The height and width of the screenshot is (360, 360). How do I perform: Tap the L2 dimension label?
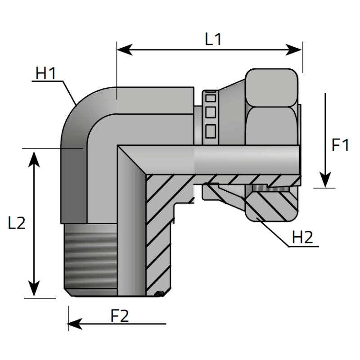pos(17,224)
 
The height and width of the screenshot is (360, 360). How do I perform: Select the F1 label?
pos(340,146)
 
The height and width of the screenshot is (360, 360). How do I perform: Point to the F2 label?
pos(119,316)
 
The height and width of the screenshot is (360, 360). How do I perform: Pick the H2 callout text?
pos(302,238)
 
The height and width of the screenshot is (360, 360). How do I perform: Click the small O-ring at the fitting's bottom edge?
pos(158,295)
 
